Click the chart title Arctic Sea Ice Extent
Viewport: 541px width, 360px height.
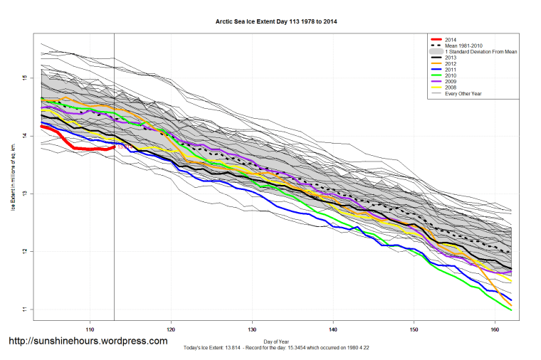[276, 21]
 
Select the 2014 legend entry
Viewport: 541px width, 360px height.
[451, 39]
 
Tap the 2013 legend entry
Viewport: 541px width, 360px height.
[451, 58]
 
